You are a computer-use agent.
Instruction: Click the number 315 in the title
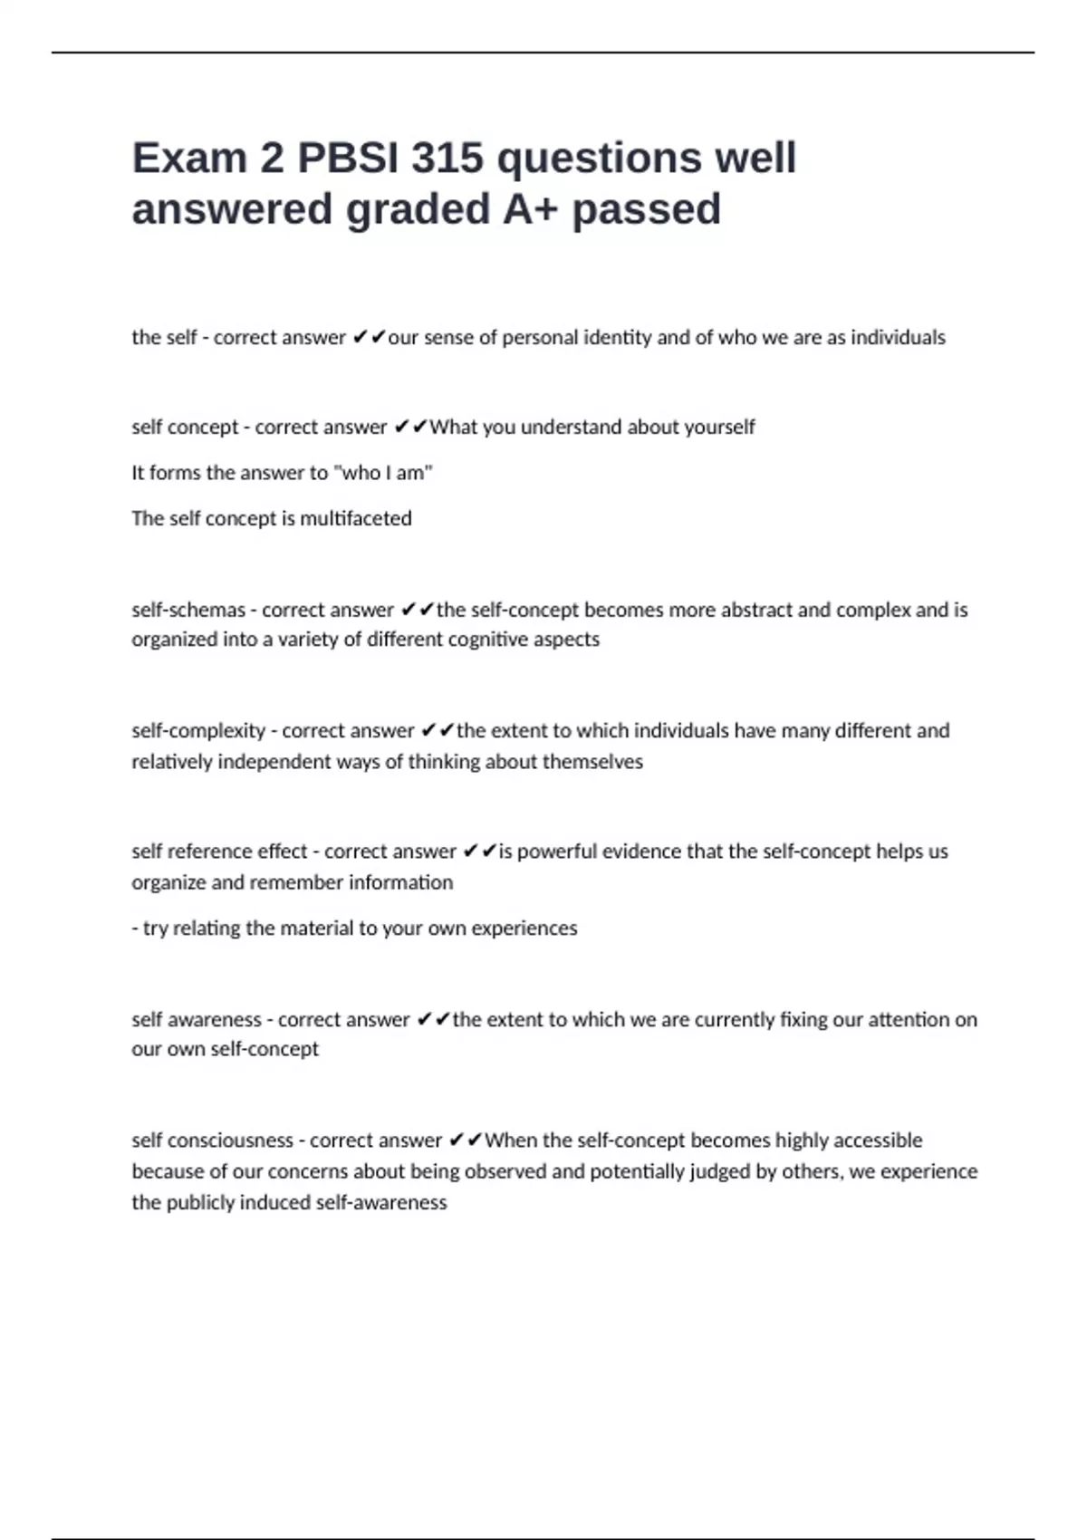click(447, 159)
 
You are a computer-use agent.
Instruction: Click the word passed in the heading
click(646, 209)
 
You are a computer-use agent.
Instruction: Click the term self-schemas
click(188, 611)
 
